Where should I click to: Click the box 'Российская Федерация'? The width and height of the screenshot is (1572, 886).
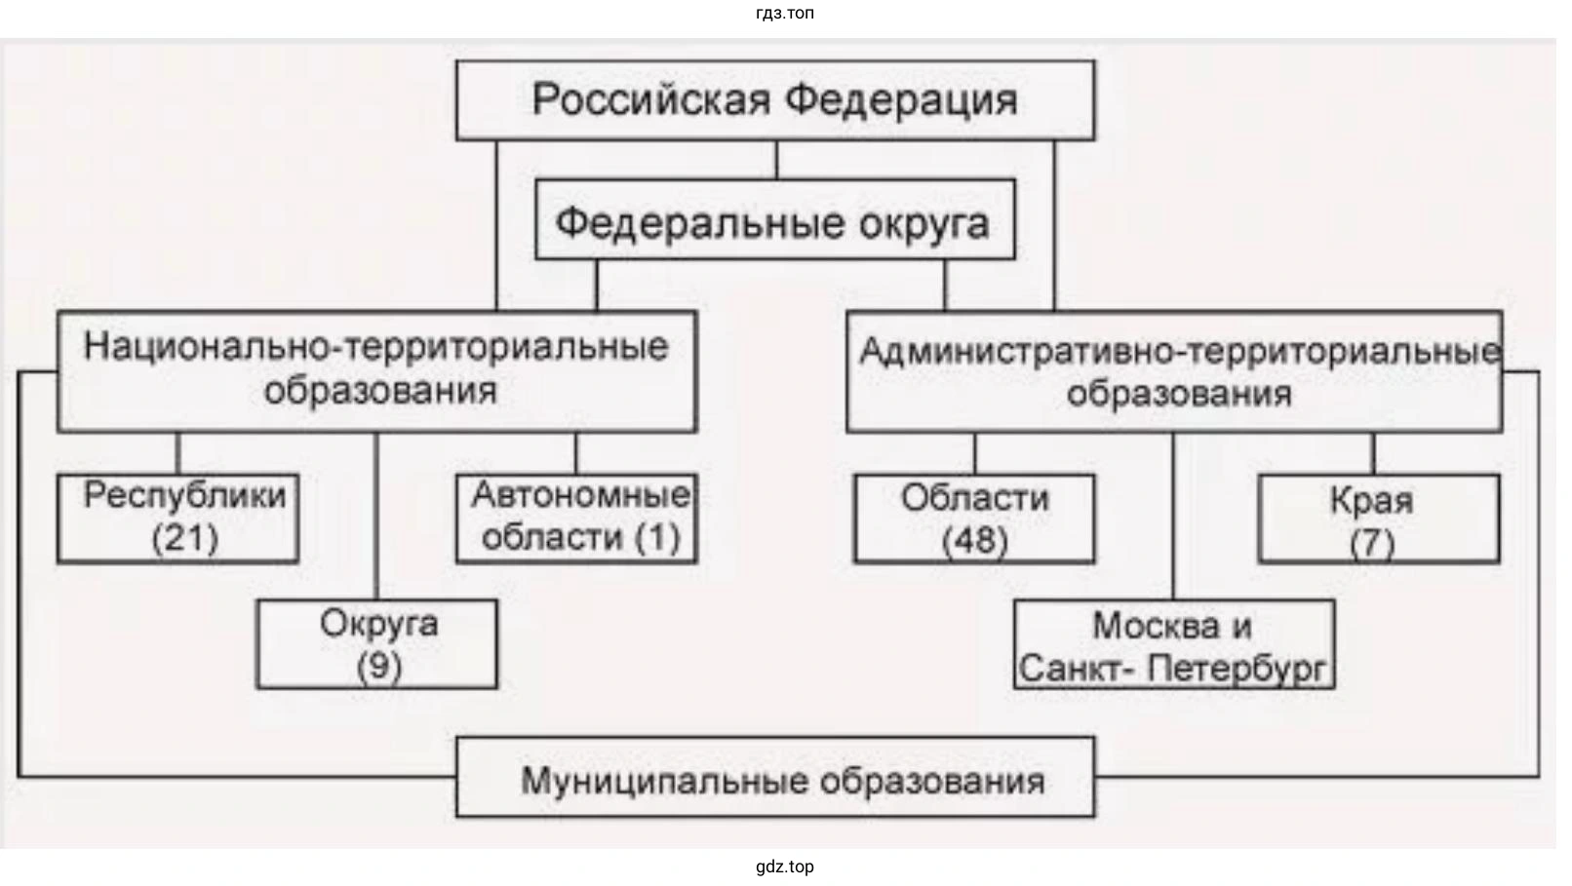(x=775, y=100)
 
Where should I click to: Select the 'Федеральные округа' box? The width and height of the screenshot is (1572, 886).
(x=774, y=220)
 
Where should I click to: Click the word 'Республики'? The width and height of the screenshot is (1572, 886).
(x=185, y=495)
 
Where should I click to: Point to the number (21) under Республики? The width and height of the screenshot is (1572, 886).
(x=185, y=537)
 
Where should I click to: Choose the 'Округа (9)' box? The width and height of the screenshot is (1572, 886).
(x=377, y=644)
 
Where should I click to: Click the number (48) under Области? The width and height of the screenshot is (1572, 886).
(x=974, y=540)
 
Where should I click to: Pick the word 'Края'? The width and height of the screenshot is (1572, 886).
(x=1371, y=500)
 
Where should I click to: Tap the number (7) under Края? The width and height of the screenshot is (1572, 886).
(x=1371, y=543)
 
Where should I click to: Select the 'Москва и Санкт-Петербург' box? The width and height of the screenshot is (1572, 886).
(x=1173, y=645)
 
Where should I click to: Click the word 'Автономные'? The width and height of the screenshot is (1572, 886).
(x=580, y=495)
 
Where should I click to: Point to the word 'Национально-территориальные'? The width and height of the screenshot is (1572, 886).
(x=376, y=347)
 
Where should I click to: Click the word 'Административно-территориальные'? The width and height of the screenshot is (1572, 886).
(x=1179, y=351)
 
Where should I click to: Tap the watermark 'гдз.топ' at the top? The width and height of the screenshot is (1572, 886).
(x=784, y=13)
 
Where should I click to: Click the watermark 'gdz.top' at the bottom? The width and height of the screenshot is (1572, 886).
(x=784, y=867)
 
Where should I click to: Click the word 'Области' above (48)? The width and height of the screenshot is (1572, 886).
(x=974, y=498)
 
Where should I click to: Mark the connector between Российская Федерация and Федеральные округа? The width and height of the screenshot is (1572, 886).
(x=776, y=160)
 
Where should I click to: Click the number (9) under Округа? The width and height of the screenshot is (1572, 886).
(x=378, y=667)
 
